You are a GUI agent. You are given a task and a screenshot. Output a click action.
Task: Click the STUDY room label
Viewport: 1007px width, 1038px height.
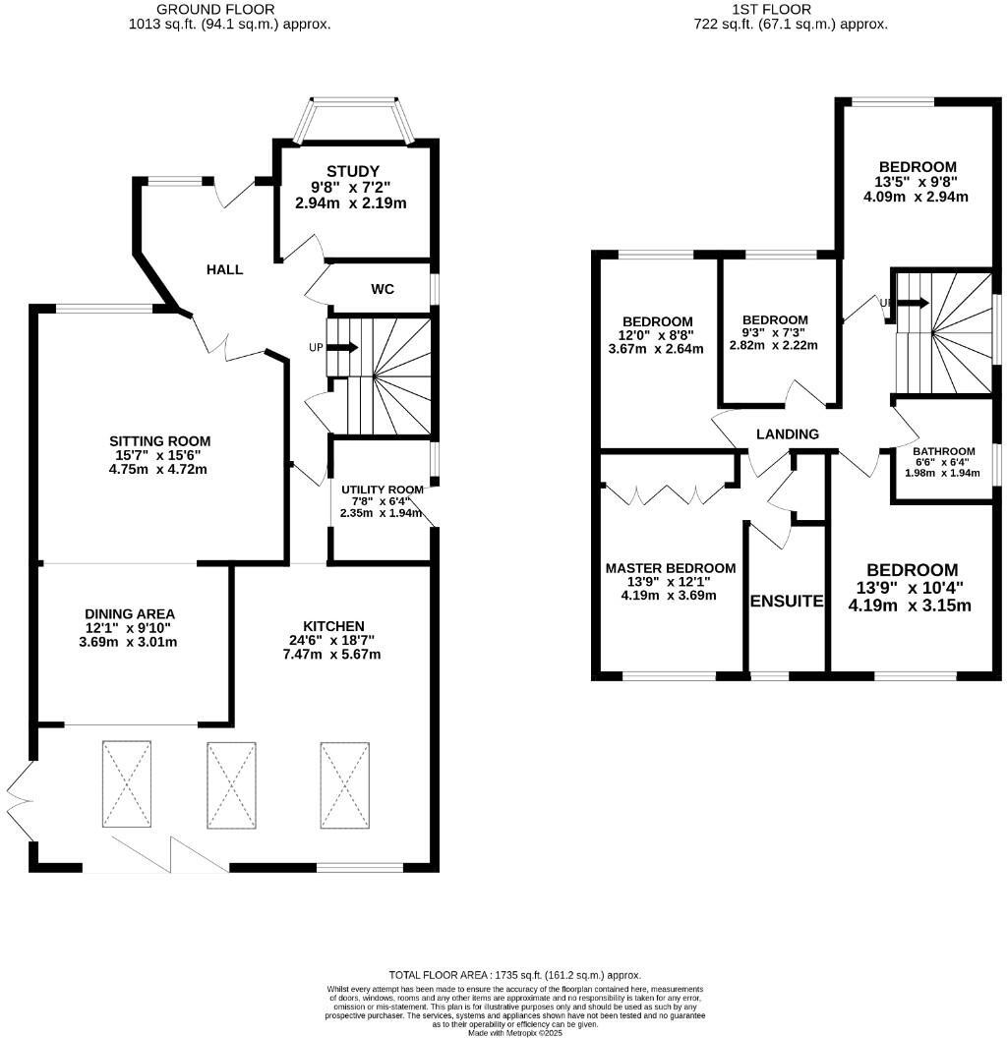(353, 171)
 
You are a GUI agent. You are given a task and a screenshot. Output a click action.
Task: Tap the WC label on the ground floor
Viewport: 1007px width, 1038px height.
(383, 289)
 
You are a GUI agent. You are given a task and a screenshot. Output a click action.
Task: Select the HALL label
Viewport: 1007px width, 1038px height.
(224, 269)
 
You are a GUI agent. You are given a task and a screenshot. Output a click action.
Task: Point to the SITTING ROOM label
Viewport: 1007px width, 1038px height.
(159, 441)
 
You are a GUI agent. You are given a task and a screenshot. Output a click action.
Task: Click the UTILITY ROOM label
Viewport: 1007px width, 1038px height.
(382, 489)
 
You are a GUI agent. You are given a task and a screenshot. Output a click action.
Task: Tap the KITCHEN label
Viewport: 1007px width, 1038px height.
(333, 626)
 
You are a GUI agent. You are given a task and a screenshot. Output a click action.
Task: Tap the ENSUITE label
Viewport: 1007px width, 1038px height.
(787, 601)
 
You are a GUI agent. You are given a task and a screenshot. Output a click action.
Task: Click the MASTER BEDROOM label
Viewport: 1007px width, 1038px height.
(671, 568)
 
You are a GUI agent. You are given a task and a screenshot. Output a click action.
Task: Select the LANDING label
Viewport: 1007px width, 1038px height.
(787, 433)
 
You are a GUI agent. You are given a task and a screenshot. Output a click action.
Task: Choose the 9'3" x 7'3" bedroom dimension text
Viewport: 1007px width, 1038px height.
(775, 332)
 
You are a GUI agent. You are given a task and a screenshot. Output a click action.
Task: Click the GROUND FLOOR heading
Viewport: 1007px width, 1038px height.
(229, 10)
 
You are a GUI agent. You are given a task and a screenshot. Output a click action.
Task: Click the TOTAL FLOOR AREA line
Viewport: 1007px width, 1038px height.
(514, 974)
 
